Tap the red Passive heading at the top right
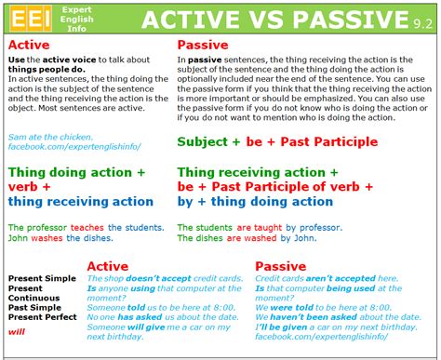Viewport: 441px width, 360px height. pyautogui.click(x=204, y=44)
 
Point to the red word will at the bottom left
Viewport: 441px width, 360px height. pyautogui.click(x=16, y=329)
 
